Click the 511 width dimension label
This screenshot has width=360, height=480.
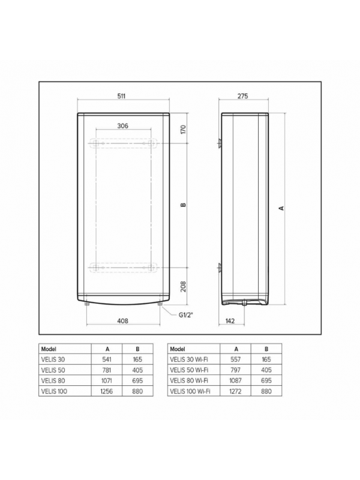tap(122, 96)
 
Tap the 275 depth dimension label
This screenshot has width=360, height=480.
tap(243, 96)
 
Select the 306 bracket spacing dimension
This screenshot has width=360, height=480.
tap(123, 126)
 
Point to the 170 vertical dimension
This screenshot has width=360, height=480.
tap(183, 129)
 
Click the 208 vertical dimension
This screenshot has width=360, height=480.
tap(183, 287)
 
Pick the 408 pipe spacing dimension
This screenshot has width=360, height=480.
tap(123, 321)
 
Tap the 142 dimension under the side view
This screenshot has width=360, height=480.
tap(230, 321)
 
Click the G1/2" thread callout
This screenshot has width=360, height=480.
tap(187, 314)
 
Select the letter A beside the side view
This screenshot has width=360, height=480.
tap(281, 208)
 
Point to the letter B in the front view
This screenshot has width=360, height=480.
tap(183, 205)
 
